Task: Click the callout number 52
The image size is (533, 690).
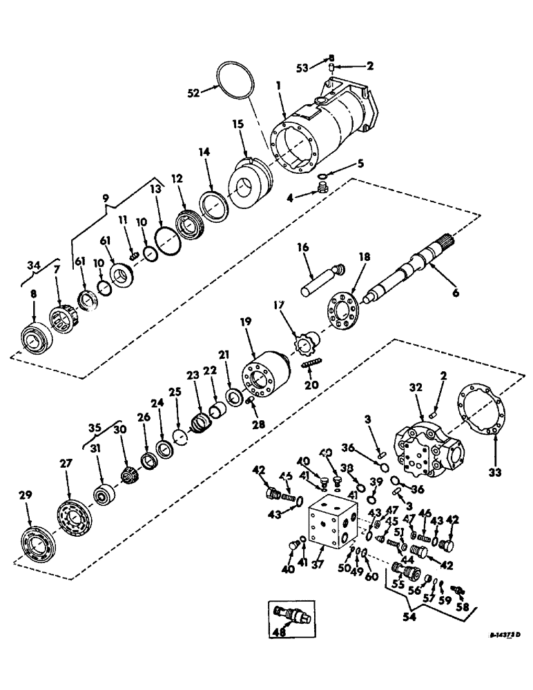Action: [x=195, y=92]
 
